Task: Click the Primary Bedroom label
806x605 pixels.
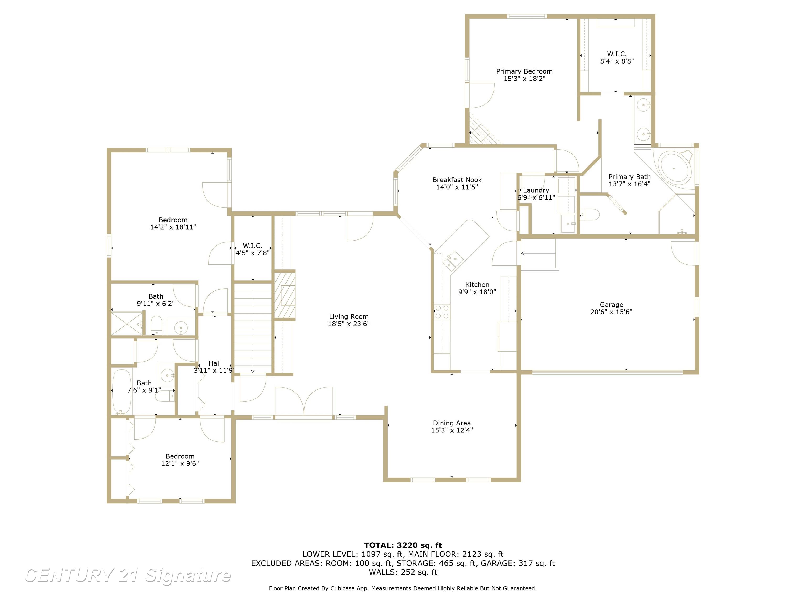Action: tap(524, 71)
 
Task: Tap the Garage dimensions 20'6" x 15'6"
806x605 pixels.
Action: tap(611, 312)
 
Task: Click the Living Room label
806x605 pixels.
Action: tap(348, 316)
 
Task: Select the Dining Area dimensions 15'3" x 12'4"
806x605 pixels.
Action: tap(452, 430)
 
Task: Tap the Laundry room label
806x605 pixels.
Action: tap(536, 190)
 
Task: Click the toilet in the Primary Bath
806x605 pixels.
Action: tap(590, 215)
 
